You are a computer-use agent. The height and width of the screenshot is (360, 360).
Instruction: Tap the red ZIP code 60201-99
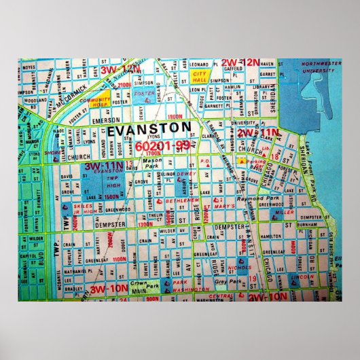coord(161,146)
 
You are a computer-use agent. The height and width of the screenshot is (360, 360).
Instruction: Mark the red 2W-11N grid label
coord(258,132)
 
